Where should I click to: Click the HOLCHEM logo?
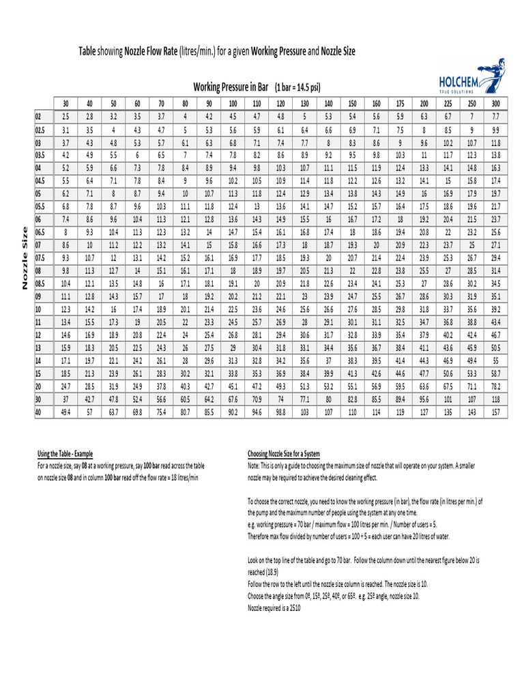tap(465, 83)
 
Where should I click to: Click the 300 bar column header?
tap(495, 103)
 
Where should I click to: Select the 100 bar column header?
tap(233, 103)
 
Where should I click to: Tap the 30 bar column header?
tap(65, 103)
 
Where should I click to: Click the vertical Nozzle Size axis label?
tap(25, 258)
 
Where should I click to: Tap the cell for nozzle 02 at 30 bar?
tap(65, 117)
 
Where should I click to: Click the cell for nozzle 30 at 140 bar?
tap(328, 400)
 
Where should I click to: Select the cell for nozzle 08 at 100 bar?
tap(233, 270)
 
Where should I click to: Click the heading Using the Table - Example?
tap(65, 454)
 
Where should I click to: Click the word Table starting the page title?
tap(87, 52)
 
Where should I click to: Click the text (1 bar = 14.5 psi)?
tap(297, 87)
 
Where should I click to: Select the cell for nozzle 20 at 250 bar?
tap(471, 386)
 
